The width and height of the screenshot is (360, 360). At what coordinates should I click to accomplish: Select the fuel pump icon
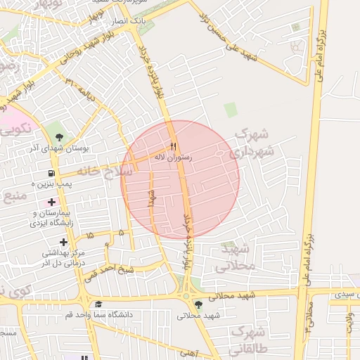click(x=51, y=174)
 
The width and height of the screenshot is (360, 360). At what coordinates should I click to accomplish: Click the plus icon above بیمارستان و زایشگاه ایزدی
click(x=52, y=202)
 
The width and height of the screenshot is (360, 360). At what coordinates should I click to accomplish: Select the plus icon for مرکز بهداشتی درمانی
click(x=63, y=242)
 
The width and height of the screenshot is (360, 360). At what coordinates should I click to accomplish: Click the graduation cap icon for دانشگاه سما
click(x=98, y=304)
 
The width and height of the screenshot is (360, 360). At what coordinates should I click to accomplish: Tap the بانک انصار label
click(x=130, y=22)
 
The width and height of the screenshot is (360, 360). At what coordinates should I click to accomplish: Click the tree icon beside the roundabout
click(x=199, y=304)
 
